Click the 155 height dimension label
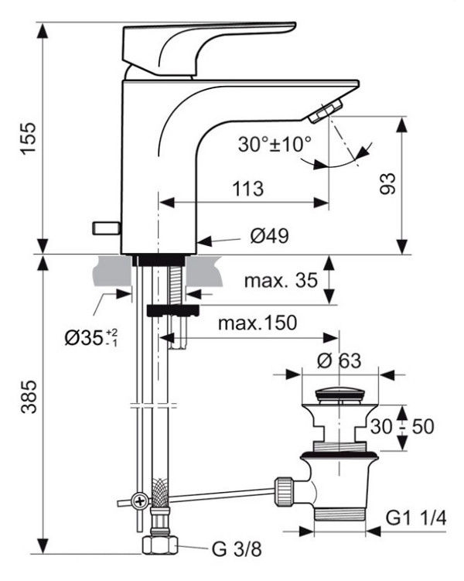click(x=28, y=138)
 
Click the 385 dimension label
click(x=28, y=396)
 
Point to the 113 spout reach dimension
click(x=247, y=189)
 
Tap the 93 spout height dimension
click(x=387, y=183)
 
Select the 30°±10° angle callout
click(x=275, y=144)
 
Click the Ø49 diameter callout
click(x=269, y=235)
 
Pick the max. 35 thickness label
click(x=281, y=281)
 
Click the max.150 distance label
click(x=258, y=323)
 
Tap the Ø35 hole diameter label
click(x=91, y=337)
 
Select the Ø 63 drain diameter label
click(x=339, y=361)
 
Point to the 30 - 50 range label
click(x=402, y=426)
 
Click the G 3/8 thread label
click(x=237, y=549)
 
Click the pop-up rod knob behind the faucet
click(x=106, y=227)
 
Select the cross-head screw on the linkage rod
click(x=141, y=502)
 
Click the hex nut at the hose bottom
click(x=159, y=544)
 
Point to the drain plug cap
click(x=339, y=396)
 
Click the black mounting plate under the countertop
click(x=172, y=310)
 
